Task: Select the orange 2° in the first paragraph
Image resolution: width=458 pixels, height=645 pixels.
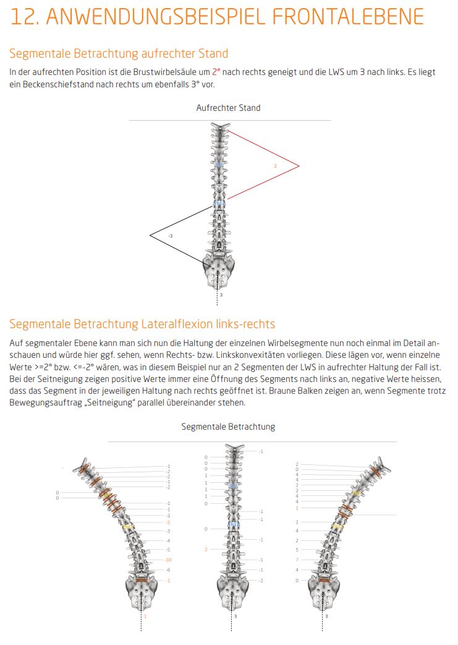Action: tap(216, 72)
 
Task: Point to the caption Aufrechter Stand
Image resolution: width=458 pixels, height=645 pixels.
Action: tap(228, 108)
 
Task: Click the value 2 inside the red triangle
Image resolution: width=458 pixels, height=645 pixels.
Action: tap(275, 166)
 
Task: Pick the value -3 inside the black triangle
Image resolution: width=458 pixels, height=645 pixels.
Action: tap(170, 236)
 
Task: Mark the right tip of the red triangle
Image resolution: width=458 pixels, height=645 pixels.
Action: tap(299, 165)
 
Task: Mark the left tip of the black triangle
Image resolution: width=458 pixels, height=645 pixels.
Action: tap(150, 235)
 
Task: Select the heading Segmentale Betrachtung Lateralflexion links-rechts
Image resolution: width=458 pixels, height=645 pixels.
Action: tap(142, 324)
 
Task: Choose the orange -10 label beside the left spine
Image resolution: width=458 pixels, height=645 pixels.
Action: tap(168, 560)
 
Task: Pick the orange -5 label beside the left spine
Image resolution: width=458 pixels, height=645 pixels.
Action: tap(168, 522)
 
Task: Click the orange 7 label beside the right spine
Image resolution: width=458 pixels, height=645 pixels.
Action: tap(297, 560)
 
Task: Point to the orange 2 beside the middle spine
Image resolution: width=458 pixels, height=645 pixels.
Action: tap(206, 549)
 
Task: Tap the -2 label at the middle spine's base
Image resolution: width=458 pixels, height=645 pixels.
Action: tap(261, 580)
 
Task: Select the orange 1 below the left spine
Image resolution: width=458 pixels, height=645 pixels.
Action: tap(145, 616)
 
